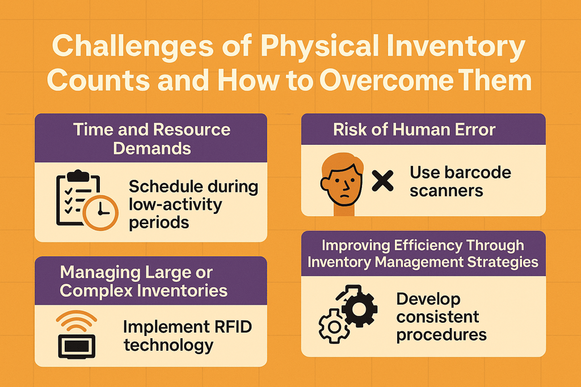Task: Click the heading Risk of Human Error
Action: point(414,130)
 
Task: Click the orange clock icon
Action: point(100,212)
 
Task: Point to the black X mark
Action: point(382,181)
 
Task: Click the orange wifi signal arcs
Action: point(77,321)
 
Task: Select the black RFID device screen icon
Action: point(77,346)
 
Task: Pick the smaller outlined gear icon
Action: point(334,327)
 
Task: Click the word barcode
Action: point(478,173)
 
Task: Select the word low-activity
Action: point(175,205)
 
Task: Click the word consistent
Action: point(437,317)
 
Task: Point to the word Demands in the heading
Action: point(152,149)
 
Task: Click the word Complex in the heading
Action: point(96,291)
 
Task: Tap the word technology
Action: point(169,346)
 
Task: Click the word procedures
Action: point(441,335)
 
